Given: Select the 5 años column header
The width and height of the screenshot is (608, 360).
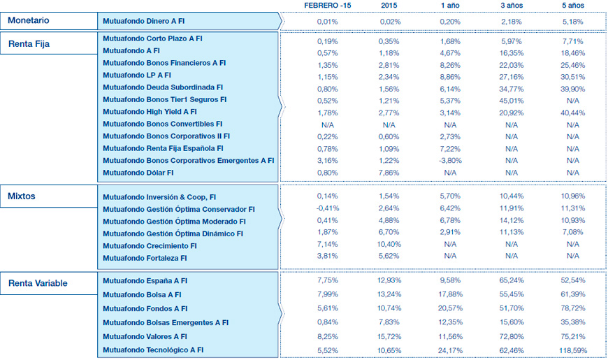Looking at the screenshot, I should pos(572,6).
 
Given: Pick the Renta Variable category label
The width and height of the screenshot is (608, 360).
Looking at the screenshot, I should pos(38,283).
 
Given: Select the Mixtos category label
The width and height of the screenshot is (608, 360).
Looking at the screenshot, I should pos(22,196).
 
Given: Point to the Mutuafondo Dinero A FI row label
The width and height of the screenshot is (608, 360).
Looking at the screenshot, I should pos(143,22).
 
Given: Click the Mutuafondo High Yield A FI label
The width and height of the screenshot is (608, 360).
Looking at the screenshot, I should pos(150,111).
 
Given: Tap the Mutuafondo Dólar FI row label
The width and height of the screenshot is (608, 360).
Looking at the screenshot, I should pos(138,172).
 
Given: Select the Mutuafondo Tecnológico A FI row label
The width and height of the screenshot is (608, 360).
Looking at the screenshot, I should pos(153,350).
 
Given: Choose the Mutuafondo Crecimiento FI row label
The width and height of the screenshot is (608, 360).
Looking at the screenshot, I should pos(150,245).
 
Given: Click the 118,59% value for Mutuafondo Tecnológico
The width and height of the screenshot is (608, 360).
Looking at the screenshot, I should pos(572,350).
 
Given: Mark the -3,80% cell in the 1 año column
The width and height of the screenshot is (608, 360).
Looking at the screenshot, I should pos(449,160).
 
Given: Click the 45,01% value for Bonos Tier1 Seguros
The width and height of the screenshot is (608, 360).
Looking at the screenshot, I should pos(512,99).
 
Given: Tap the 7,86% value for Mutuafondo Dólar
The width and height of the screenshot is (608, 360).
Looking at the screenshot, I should pos(389,172).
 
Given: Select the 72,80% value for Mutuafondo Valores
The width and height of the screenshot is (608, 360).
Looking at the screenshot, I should pos(512,336).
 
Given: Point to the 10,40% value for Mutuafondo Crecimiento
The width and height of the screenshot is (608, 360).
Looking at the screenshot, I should pos(389,245).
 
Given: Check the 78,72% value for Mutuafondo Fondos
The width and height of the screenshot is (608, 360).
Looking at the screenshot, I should pos(572,308).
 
